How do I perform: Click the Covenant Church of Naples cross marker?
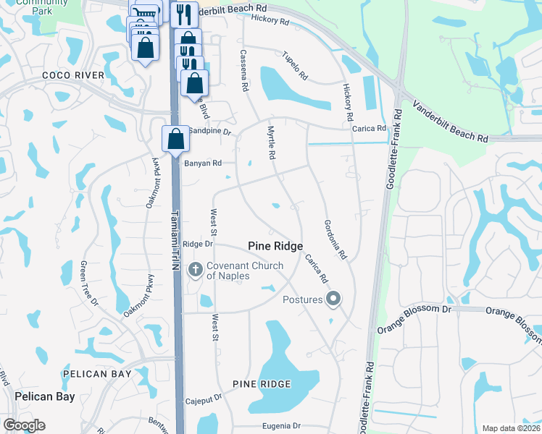pyautogui.click(x=194, y=271)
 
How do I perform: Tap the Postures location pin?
pyautogui.click(x=333, y=298)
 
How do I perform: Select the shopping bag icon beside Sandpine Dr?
pyautogui.click(x=175, y=138)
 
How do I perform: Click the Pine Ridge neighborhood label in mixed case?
pyautogui.click(x=275, y=247)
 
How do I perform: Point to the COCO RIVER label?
pyautogui.click(x=73, y=75)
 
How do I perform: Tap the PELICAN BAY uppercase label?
pyautogui.click(x=97, y=374)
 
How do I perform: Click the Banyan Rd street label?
pyautogui.click(x=202, y=163)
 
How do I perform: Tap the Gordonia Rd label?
pyautogui.click(x=336, y=239)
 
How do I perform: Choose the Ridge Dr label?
pyautogui.click(x=198, y=244)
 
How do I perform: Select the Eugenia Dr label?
pyautogui.click(x=275, y=427)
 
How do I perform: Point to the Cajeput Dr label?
pyautogui.click(x=204, y=399)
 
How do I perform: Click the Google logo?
pyautogui.click(x=24, y=425)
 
